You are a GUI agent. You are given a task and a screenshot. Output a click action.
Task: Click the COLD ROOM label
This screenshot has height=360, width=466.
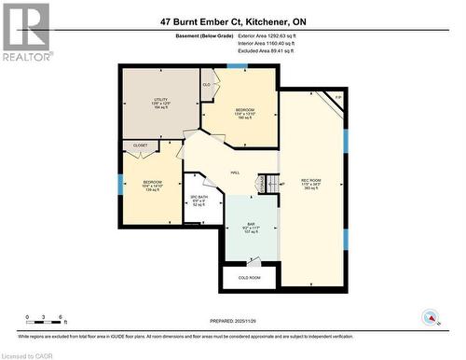[249, 277]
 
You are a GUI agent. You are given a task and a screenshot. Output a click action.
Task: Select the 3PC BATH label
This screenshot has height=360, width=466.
[199, 199]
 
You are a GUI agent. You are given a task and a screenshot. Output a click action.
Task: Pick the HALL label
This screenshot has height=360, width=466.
[235, 172]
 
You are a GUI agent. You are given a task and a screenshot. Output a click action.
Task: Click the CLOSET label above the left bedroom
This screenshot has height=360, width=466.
[140, 145]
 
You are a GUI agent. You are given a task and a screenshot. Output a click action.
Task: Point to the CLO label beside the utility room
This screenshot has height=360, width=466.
[206, 85]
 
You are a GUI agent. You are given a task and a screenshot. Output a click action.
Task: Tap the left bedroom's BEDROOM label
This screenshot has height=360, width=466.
[152, 182]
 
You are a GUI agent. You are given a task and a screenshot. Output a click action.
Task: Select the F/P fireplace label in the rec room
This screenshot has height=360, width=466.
[337, 98]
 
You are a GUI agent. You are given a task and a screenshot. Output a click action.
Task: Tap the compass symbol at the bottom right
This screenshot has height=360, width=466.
[431, 317]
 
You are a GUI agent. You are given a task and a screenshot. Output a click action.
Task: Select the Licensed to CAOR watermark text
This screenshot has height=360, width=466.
[28, 354]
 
